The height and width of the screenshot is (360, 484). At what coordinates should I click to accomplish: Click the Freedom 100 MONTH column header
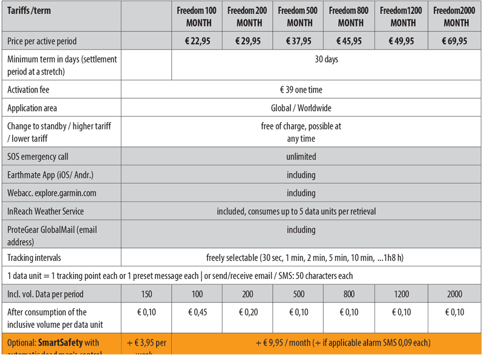[x=197, y=17]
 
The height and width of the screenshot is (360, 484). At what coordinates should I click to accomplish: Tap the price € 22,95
[x=197, y=41]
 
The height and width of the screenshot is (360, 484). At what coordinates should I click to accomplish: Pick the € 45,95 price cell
[x=350, y=41]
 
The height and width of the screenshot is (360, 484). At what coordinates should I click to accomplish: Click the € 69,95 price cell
[x=455, y=41]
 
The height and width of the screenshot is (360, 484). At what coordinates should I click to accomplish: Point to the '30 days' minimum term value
[x=327, y=59]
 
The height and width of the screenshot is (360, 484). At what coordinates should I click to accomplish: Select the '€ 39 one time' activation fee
[x=301, y=90]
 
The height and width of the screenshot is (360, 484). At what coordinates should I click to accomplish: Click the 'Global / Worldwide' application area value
[x=301, y=108]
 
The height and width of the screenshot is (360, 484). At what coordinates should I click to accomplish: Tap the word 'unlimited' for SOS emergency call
[x=301, y=157]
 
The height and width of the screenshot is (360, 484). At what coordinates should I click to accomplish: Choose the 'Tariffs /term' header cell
[x=29, y=11]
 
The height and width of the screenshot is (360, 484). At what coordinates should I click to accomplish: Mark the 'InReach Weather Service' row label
[x=45, y=211]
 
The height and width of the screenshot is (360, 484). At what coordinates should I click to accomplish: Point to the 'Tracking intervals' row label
[x=34, y=258]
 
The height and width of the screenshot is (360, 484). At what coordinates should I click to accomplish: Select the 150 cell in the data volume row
[x=146, y=295]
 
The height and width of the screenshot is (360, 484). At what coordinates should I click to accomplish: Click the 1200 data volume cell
[x=402, y=295]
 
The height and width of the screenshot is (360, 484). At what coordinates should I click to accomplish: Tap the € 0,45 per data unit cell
[x=197, y=313]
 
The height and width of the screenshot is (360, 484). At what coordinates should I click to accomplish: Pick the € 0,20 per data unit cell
[x=249, y=313]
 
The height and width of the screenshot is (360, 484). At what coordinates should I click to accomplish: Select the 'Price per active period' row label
[x=42, y=41]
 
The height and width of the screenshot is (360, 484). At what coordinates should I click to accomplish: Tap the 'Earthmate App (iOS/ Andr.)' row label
[x=50, y=175]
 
